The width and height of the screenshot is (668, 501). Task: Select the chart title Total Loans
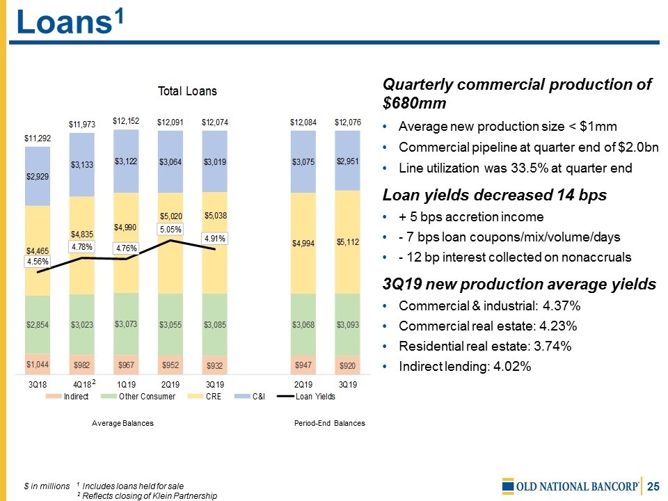pos(188,91)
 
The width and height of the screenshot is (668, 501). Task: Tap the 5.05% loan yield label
pos(171,229)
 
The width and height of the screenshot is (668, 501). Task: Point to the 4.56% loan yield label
pos(38,262)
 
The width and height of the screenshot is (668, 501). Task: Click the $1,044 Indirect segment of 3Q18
pos(38,365)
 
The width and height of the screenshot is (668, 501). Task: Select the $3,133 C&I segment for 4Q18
pos(83,165)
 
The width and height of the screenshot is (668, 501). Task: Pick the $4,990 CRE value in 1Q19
pos(127,227)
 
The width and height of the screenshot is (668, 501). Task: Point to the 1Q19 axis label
pos(127,384)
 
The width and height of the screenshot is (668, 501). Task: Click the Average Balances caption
pos(124,423)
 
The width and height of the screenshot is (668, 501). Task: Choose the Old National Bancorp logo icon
pos(509,485)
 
